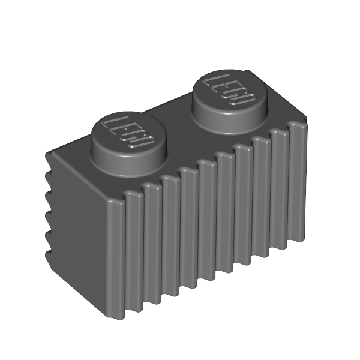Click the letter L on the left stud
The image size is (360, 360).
click(x=115, y=122)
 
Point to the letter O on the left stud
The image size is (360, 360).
click(x=141, y=142)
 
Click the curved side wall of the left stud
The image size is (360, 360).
click(x=128, y=166)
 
